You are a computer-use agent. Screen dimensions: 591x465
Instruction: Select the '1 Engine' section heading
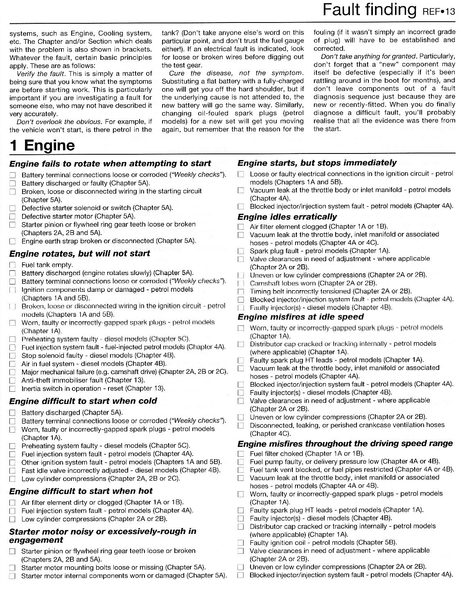[x=43, y=145]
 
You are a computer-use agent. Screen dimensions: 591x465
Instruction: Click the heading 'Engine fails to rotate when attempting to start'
[x=110, y=164]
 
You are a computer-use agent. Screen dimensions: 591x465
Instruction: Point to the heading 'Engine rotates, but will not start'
[x=79, y=253]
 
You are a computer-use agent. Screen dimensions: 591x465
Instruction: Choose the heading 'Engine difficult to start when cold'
[x=83, y=401]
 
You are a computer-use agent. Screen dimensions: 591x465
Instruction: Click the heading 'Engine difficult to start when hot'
[x=81, y=491]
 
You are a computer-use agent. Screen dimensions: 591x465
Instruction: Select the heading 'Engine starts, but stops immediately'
[x=317, y=163]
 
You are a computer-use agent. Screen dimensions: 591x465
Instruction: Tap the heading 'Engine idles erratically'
[x=287, y=217]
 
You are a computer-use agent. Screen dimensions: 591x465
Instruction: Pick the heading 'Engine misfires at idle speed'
[x=300, y=317]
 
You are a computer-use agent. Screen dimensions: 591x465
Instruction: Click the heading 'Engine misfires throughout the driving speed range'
[x=345, y=444]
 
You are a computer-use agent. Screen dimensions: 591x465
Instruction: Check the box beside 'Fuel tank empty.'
[x=13, y=265]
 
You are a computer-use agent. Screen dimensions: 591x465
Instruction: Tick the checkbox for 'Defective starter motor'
[x=13, y=217]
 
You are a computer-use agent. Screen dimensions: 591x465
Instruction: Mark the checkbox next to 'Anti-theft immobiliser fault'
[x=13, y=381]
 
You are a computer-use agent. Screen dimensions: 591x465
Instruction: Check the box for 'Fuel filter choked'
[x=241, y=454]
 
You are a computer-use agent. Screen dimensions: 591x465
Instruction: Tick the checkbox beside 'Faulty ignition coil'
[x=241, y=543]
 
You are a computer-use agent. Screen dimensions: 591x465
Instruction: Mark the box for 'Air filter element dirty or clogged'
[x=13, y=503]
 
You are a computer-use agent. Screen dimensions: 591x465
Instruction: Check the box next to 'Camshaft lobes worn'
[x=241, y=284]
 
